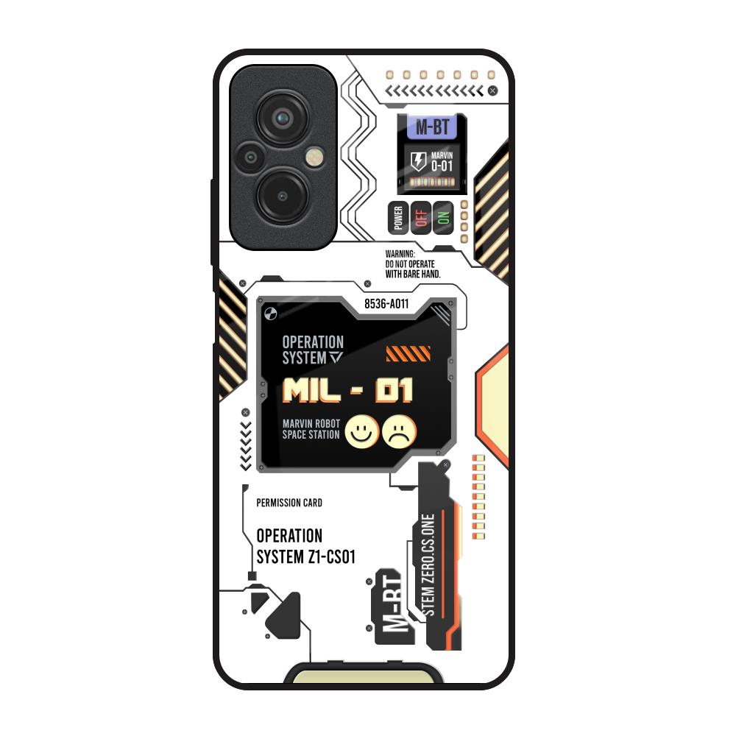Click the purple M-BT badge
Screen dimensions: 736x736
(x=432, y=127)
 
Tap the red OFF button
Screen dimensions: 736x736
(x=421, y=218)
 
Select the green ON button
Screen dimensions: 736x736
(x=443, y=218)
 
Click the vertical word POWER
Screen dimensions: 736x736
(x=398, y=218)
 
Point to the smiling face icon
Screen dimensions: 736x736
(x=362, y=431)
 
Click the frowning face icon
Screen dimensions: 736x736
(x=400, y=431)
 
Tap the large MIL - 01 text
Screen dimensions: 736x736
(x=348, y=392)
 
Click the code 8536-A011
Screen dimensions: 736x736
(x=386, y=303)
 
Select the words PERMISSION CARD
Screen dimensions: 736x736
(x=289, y=503)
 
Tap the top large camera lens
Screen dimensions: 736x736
(x=282, y=118)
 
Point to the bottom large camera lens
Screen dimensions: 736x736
(x=282, y=196)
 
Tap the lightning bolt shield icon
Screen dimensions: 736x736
(x=417, y=162)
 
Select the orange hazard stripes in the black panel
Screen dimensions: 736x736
(x=408, y=354)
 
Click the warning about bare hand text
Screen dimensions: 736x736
(x=412, y=264)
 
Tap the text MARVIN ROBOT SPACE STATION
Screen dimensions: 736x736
(x=311, y=429)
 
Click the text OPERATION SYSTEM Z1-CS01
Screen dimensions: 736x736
(x=305, y=547)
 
